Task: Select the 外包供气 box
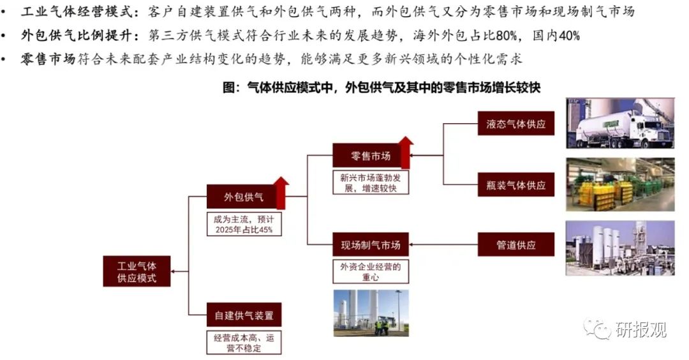243,197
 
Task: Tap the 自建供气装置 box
244,315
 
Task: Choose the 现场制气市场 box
370,244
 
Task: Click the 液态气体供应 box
515,123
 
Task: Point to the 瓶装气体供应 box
515,185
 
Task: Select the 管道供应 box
515,244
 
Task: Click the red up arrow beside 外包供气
281,193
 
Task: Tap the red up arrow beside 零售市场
405,152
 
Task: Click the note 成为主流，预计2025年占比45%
243,224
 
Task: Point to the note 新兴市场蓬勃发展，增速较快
370,183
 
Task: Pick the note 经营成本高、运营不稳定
244,342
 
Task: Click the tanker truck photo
619,124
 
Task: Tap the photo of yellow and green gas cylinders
619,184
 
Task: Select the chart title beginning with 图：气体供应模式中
381,87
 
